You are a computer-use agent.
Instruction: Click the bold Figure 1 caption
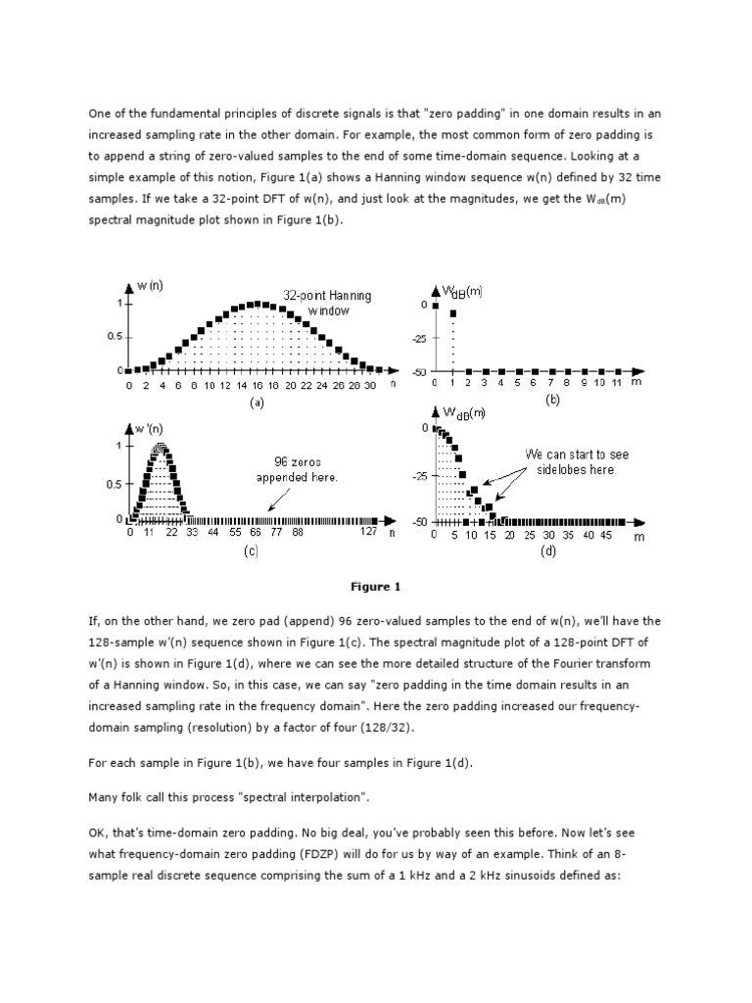[x=376, y=587]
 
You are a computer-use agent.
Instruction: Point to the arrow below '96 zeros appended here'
[x=278, y=500]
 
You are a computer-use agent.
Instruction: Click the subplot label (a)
[x=257, y=402]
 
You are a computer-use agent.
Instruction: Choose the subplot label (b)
[x=552, y=401]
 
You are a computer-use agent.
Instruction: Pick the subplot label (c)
[x=251, y=551]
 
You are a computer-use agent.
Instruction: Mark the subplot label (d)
[x=547, y=551]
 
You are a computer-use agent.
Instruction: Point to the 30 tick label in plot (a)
[x=369, y=386]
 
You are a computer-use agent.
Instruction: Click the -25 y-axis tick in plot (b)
[x=420, y=339]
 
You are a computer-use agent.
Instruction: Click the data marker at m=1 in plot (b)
[x=452, y=313]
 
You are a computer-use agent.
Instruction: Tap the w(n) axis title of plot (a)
[x=150, y=285]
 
